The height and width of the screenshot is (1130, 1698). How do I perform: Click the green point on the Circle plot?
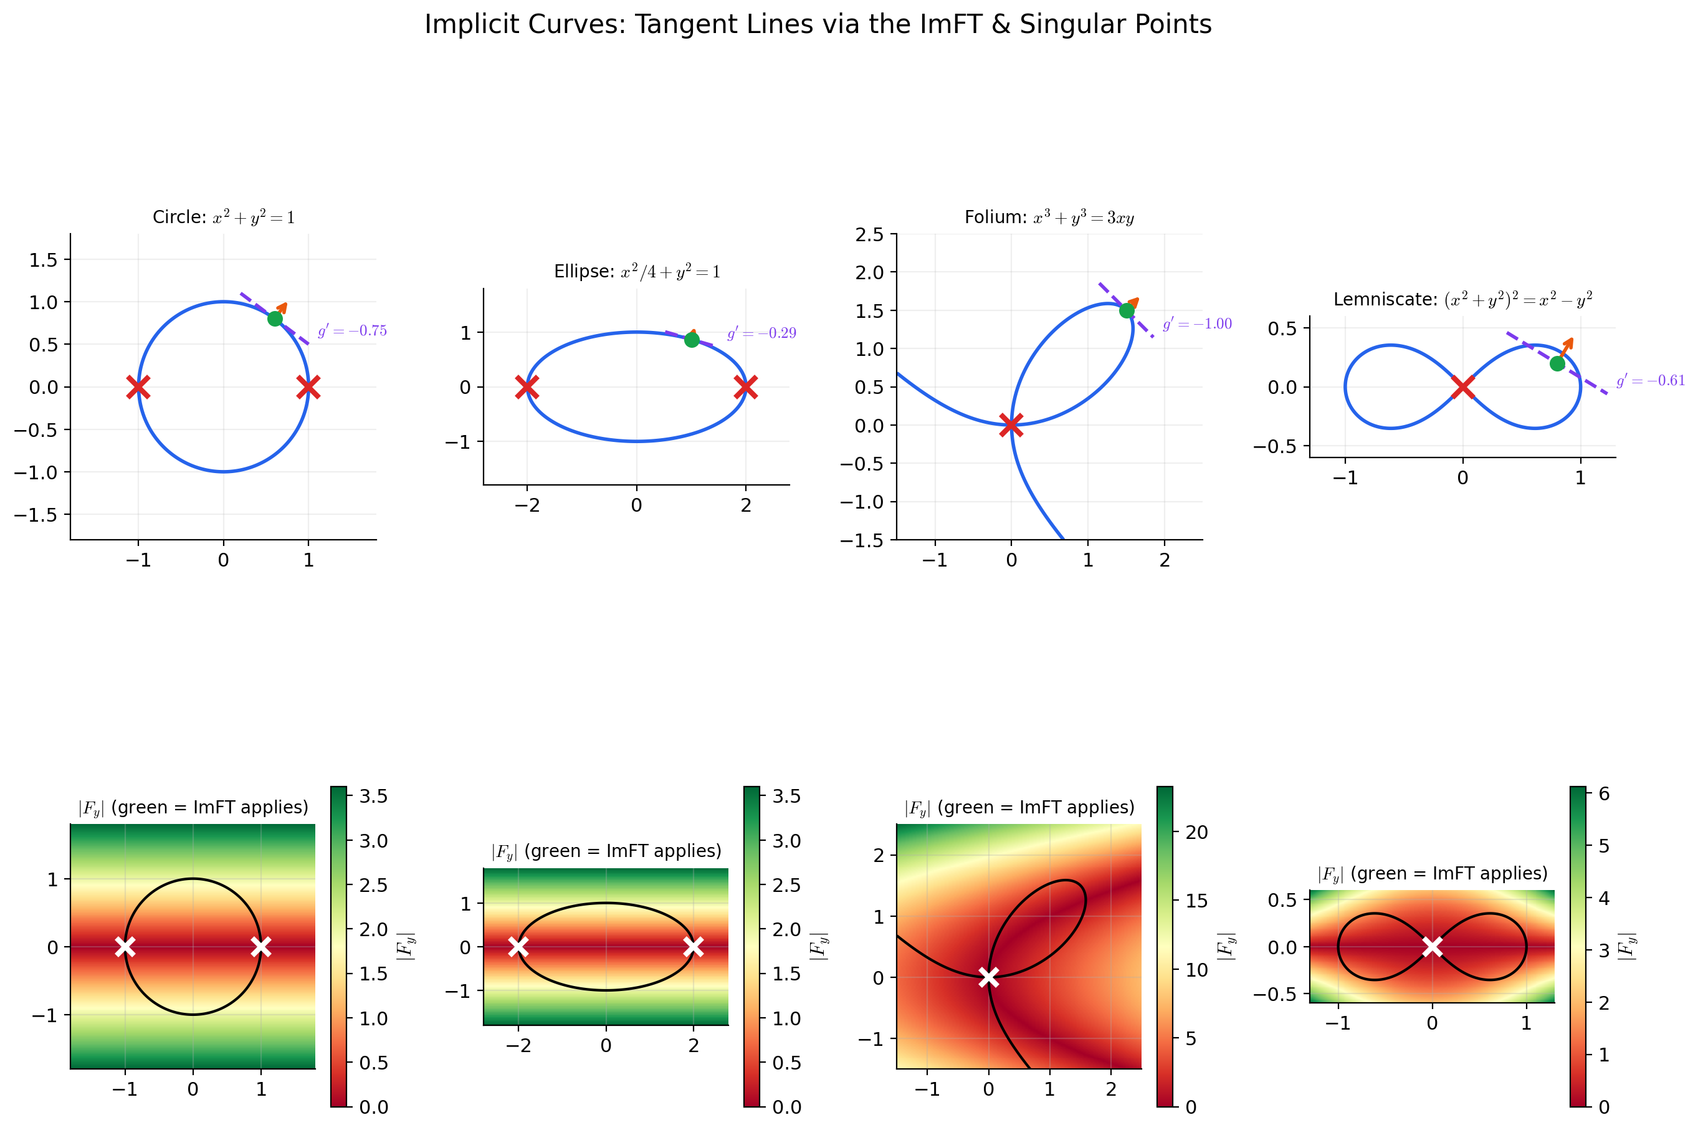point(274,318)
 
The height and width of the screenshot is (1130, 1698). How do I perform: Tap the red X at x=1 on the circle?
point(308,387)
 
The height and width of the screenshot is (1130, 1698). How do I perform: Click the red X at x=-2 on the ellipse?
point(527,387)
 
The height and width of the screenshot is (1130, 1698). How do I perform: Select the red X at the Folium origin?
point(1011,424)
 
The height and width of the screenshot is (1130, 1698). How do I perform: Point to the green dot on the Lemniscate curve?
point(1557,363)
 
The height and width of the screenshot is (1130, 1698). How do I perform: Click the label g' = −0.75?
point(352,331)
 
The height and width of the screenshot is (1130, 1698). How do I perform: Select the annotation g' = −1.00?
point(1196,323)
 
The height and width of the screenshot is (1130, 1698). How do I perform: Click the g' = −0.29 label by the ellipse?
point(761,333)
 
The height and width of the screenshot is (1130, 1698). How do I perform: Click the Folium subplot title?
point(1049,218)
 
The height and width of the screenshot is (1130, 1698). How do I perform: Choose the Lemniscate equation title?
point(1462,300)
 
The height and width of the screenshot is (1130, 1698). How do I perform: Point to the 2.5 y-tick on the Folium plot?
point(869,234)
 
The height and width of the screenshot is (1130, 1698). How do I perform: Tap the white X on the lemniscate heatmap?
point(1432,946)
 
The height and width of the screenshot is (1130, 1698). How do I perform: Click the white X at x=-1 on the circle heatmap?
point(125,946)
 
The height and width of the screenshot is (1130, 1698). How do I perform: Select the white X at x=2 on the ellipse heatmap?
point(693,946)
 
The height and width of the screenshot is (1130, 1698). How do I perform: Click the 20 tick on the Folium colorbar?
point(1196,832)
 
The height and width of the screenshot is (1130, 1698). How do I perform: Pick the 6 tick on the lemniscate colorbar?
point(1604,793)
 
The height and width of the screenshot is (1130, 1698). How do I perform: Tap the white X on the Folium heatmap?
point(988,977)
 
